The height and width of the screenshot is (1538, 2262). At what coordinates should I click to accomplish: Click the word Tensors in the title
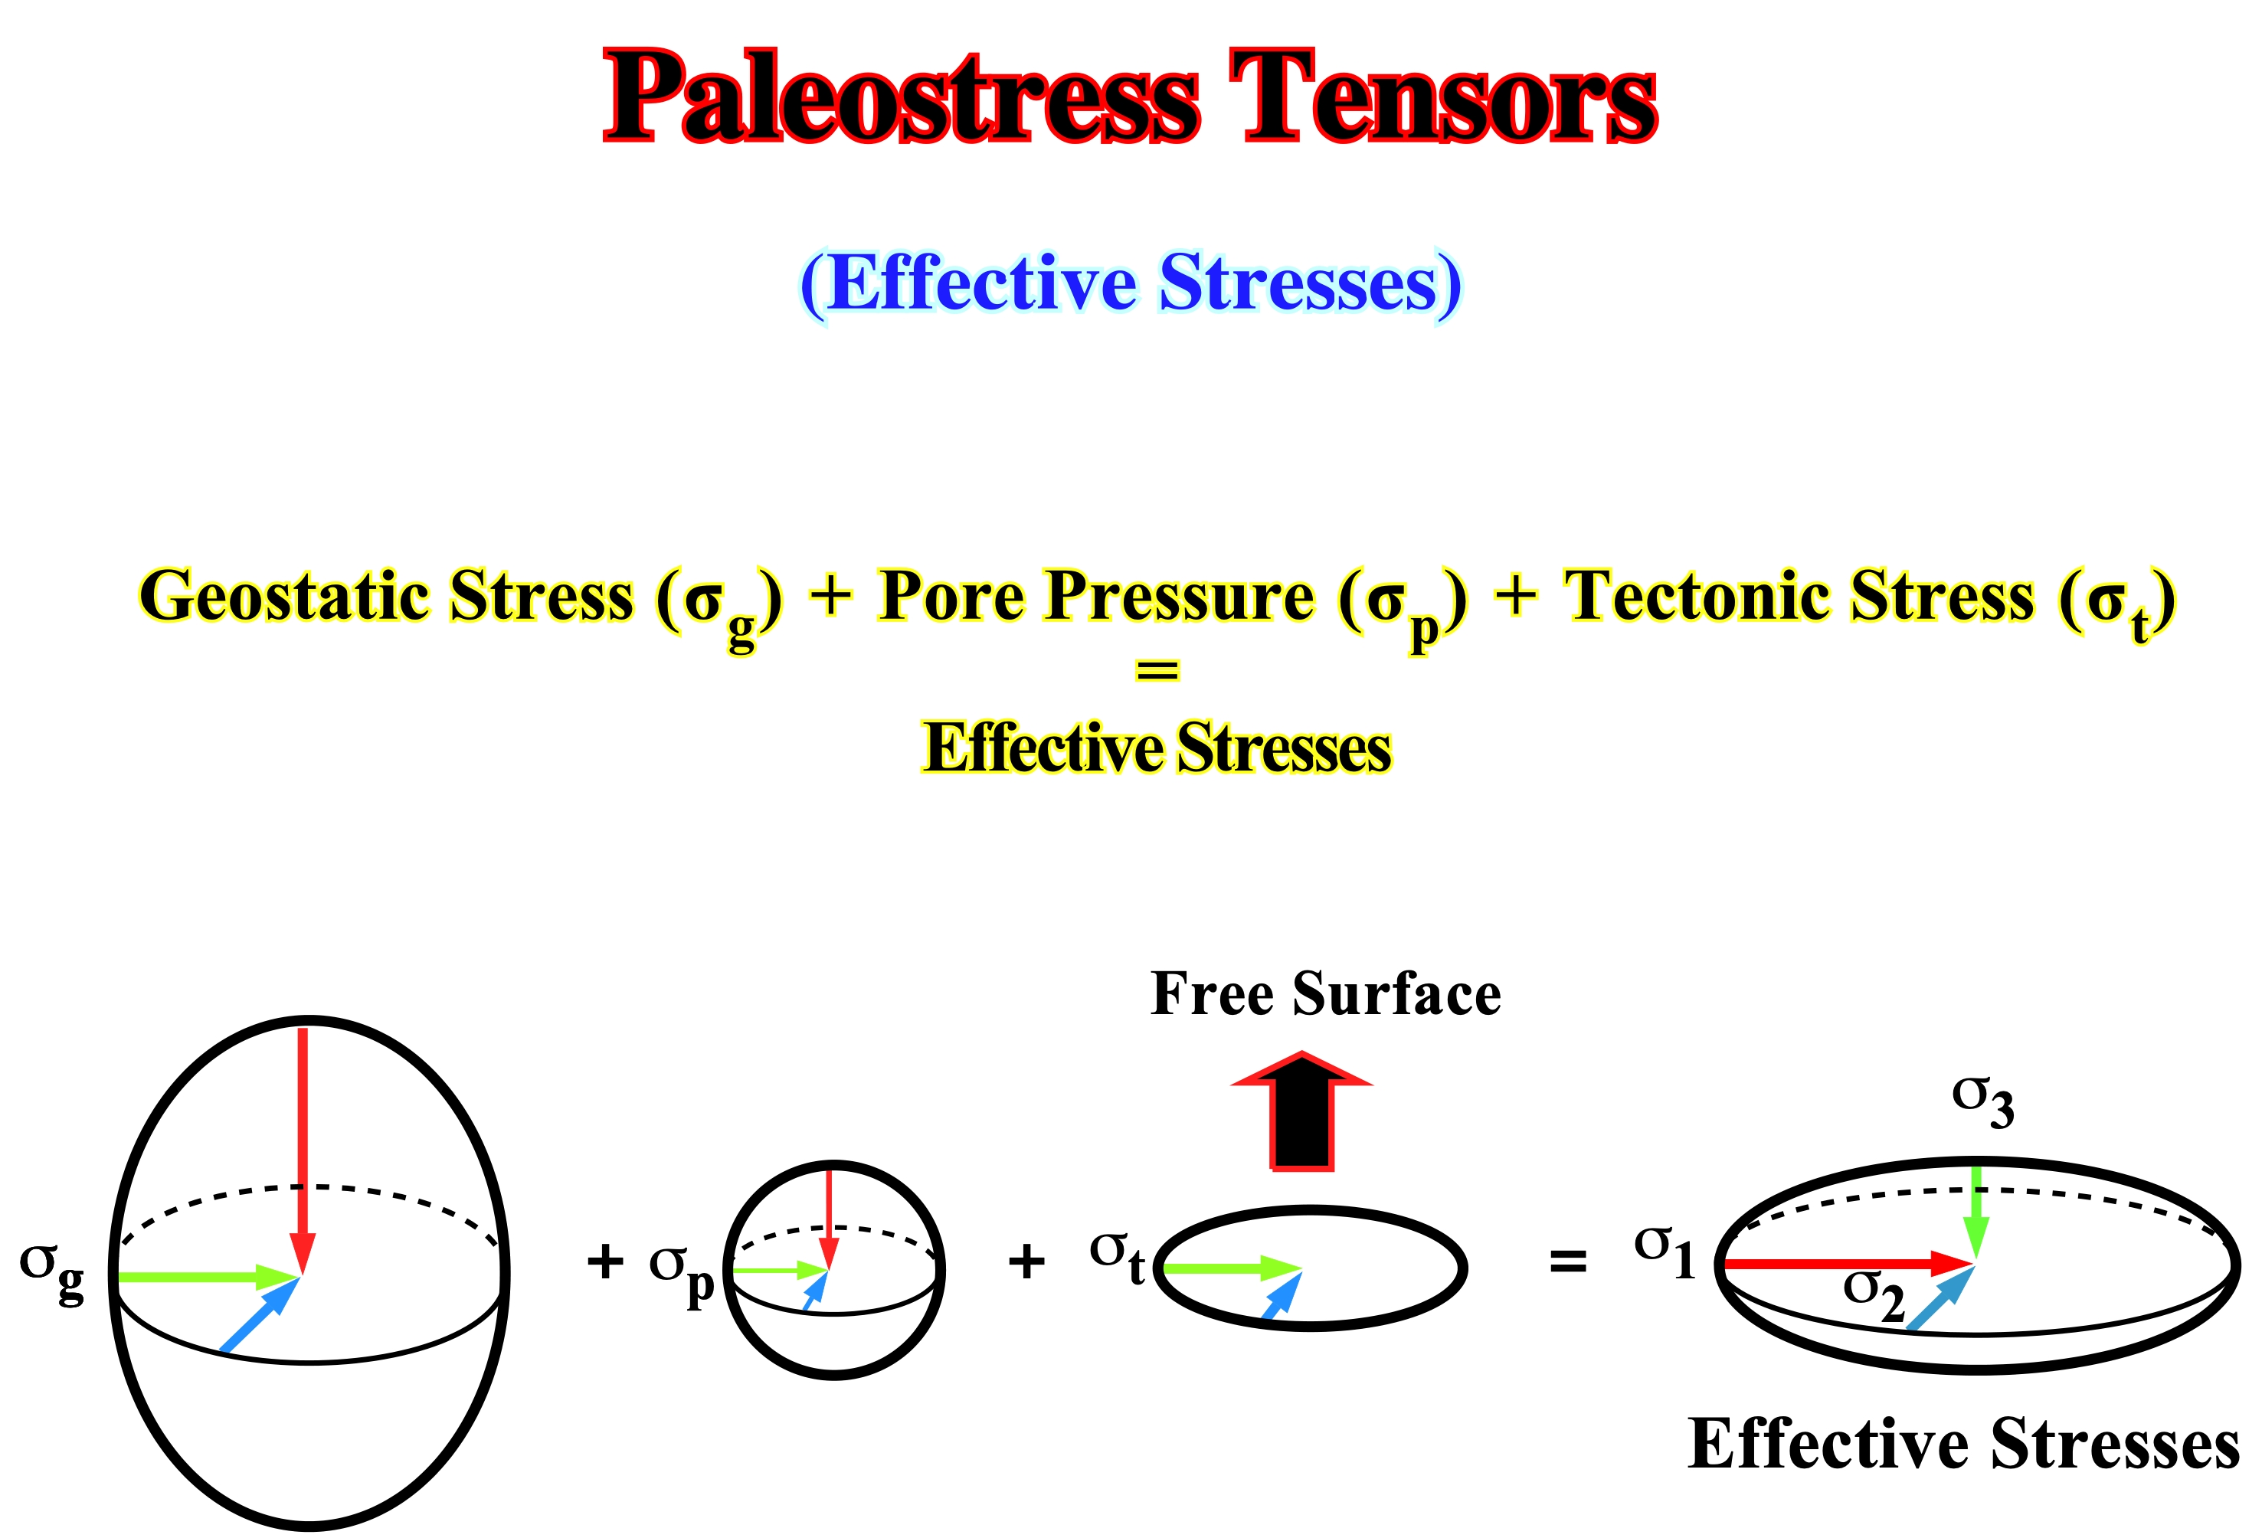tap(1442, 97)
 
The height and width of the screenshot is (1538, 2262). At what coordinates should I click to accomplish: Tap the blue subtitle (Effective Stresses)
tap(1131, 283)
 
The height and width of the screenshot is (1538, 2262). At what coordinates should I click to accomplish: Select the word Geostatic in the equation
tap(288, 595)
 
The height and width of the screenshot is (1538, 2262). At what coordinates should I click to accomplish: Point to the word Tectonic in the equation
tap(1701, 595)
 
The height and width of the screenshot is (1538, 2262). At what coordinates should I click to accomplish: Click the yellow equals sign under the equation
tap(1157, 669)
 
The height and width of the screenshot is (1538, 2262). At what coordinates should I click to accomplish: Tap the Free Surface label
tap(1326, 995)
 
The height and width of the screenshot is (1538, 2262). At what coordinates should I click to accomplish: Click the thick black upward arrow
tap(1301, 1111)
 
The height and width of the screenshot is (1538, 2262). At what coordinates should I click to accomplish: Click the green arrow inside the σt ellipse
tap(1233, 1268)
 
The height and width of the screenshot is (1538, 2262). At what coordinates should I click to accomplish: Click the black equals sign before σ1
tap(1568, 1262)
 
